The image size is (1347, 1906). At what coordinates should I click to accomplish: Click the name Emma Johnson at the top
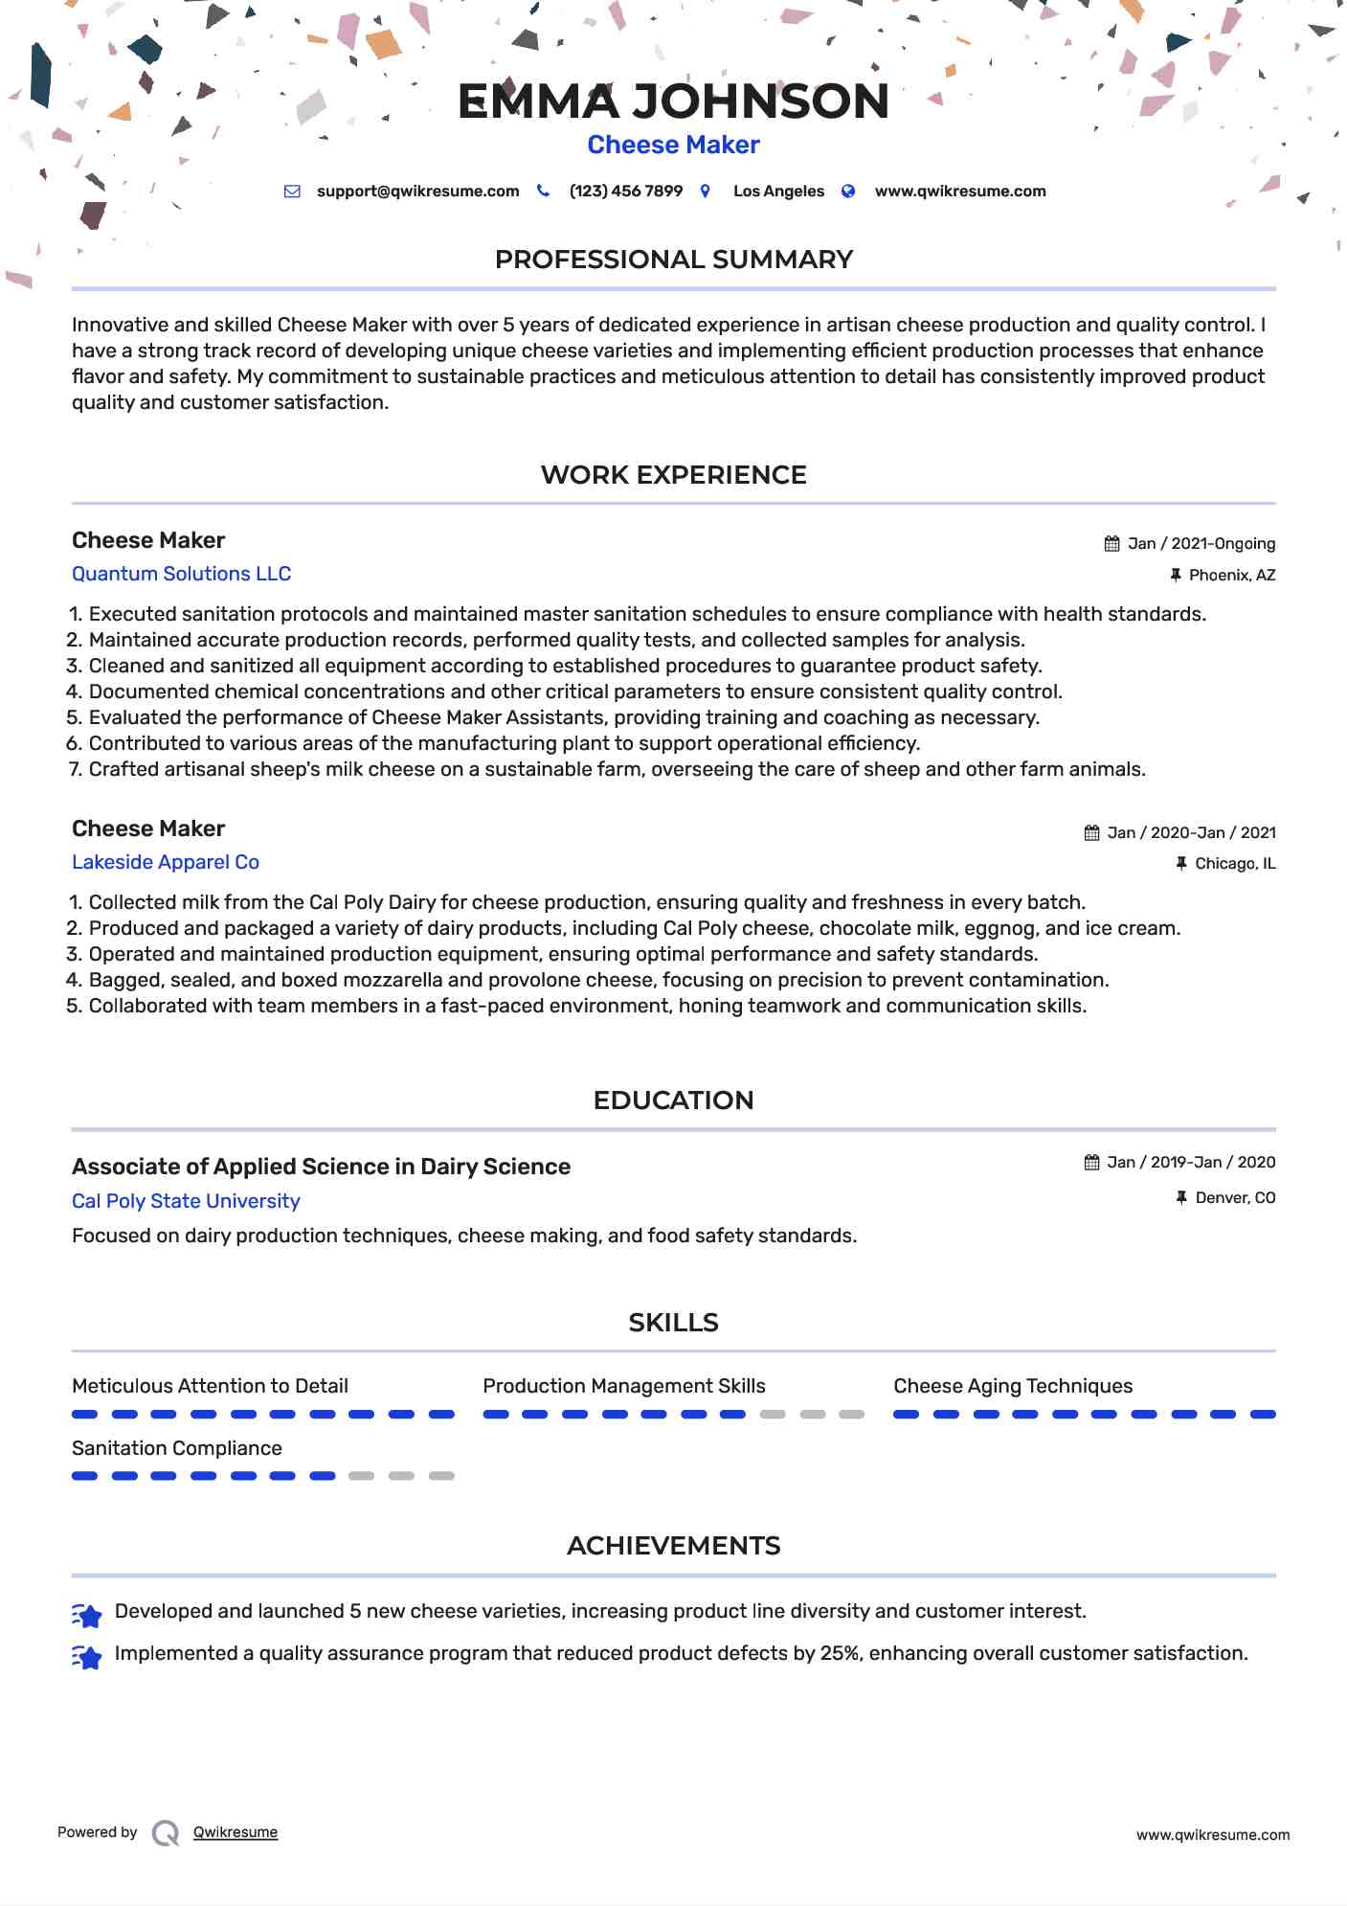pos(673,102)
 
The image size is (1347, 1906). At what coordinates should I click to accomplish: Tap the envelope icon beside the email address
pos(292,192)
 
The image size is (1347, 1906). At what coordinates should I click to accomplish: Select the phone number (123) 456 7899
pos(625,192)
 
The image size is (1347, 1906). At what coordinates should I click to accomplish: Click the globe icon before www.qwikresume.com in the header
pos(847,192)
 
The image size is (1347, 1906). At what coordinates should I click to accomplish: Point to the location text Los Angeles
pos(778,192)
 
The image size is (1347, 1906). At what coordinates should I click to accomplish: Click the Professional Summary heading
pos(673,260)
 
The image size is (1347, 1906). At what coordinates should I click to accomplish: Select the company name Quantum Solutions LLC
pos(181,574)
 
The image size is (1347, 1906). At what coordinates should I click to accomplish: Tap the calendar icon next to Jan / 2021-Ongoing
pos(1111,544)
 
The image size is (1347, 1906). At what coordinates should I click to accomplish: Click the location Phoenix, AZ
pos(1231,576)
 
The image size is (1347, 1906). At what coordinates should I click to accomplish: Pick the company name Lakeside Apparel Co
pos(166,862)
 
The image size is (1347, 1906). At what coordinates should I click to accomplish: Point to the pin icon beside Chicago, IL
pos(1181,864)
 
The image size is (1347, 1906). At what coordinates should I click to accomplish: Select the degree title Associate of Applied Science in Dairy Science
pos(321,1167)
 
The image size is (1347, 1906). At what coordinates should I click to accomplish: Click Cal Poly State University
pos(186,1201)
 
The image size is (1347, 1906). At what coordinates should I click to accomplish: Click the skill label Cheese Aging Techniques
pos(1012,1386)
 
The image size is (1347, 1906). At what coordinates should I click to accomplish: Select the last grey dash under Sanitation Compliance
pos(441,1476)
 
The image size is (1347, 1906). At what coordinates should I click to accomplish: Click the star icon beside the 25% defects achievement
pos(87,1657)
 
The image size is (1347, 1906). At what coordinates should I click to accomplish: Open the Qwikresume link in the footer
pos(235,1832)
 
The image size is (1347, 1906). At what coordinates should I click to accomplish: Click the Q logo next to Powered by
pos(166,1833)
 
